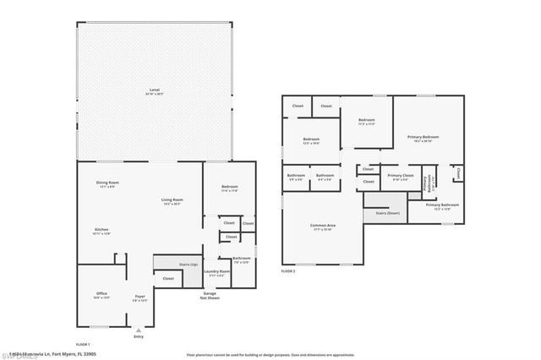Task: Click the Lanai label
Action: click(154, 89)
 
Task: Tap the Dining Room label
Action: click(107, 183)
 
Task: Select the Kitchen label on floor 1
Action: click(101, 229)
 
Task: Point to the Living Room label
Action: click(172, 200)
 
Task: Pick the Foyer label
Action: click(139, 297)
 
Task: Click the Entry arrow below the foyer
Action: click(139, 330)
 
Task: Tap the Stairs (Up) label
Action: click(188, 265)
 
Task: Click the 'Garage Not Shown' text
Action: click(210, 295)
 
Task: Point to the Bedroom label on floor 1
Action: click(229, 187)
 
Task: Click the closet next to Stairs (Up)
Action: click(168, 278)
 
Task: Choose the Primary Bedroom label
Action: click(423, 137)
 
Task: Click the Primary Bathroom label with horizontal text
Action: click(442, 205)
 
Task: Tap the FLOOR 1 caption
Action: click(83, 344)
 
